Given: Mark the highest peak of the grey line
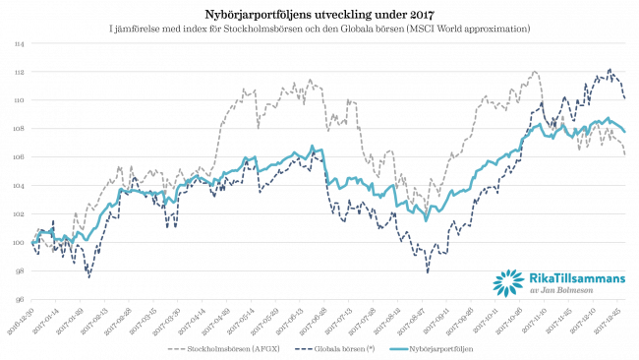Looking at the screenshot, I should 535,71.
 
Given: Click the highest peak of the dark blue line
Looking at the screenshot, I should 610,69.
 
